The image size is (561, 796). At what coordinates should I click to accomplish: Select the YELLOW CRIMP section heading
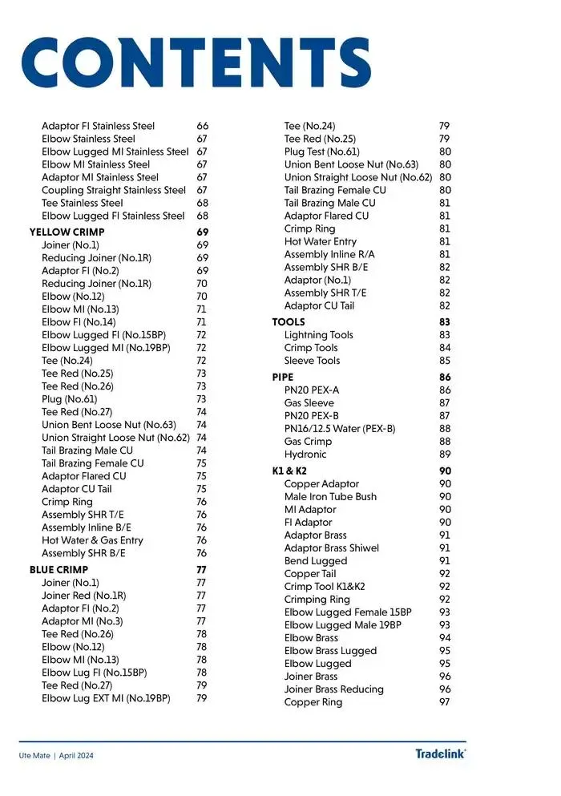(67, 232)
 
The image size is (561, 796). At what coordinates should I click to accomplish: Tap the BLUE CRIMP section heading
(59, 570)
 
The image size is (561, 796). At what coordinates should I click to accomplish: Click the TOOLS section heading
(289, 322)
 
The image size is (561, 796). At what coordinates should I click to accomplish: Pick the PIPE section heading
(283, 377)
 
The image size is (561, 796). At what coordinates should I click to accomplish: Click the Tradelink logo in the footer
(440, 754)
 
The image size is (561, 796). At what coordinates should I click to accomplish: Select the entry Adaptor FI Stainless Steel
(98, 127)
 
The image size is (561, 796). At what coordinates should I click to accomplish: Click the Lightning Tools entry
(318, 335)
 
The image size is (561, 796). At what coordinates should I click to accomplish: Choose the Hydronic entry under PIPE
(305, 455)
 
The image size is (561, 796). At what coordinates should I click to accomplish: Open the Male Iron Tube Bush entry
(330, 497)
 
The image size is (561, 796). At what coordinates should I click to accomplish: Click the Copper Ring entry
(313, 702)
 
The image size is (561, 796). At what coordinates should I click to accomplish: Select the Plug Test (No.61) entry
(322, 152)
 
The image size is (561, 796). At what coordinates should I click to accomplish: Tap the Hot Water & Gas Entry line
(92, 540)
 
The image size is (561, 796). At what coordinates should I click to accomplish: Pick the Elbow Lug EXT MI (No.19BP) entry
(106, 698)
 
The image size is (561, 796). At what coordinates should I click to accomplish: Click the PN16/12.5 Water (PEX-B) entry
(340, 429)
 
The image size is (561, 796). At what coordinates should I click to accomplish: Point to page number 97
(445, 702)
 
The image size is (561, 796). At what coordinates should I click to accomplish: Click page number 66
(202, 127)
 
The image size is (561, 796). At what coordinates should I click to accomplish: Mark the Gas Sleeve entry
(309, 403)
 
